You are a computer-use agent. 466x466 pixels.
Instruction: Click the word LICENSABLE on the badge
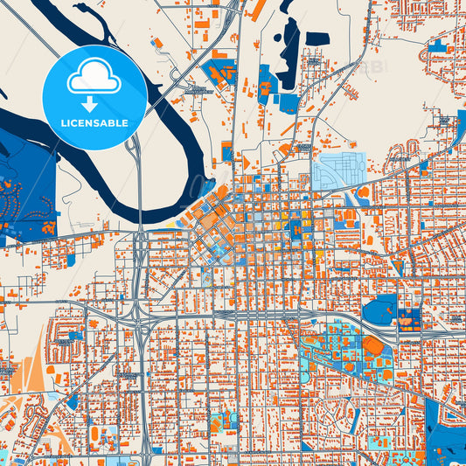94,122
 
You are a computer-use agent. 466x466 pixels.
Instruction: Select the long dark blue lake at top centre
289,48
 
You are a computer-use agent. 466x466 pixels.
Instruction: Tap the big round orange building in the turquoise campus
373,346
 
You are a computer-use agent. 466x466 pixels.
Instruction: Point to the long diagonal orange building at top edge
257,10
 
